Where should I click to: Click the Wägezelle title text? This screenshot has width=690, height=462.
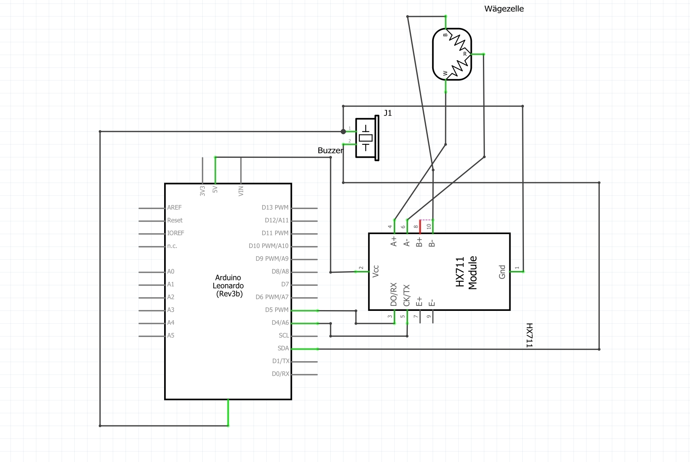pyautogui.click(x=504, y=9)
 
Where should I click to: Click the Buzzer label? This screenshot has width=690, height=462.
pyautogui.click(x=330, y=150)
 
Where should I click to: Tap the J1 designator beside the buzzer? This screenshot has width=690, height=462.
pyautogui.click(x=388, y=113)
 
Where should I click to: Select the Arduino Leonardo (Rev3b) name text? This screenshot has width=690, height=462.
pyautogui.click(x=228, y=286)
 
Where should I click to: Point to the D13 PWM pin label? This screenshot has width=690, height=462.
pyautogui.click(x=275, y=207)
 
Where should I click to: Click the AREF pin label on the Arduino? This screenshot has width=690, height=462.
pyautogui.click(x=174, y=207)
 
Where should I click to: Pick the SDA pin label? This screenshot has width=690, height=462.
pyautogui.click(x=283, y=348)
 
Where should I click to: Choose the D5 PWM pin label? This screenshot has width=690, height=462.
pyautogui.click(x=276, y=310)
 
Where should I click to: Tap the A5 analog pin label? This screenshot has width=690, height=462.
pyautogui.click(x=171, y=335)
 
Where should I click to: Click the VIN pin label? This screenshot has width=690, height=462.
pyautogui.click(x=241, y=191)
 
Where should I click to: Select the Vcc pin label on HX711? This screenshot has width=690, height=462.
pyautogui.click(x=376, y=271)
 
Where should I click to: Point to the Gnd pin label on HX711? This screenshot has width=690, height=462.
pyautogui.click(x=502, y=272)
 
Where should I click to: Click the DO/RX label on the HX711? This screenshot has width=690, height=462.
pyautogui.click(x=394, y=294)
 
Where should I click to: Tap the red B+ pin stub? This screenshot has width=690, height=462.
pyautogui.click(x=420, y=226)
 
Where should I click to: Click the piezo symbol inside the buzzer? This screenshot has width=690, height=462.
pyautogui.click(x=366, y=138)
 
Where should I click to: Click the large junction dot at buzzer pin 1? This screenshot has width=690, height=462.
pyautogui.click(x=343, y=131)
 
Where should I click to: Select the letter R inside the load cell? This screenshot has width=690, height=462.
pyautogui.click(x=465, y=54)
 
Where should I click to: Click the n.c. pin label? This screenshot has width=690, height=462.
pyautogui.click(x=172, y=246)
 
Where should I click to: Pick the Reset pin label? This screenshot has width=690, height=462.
pyautogui.click(x=175, y=220)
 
